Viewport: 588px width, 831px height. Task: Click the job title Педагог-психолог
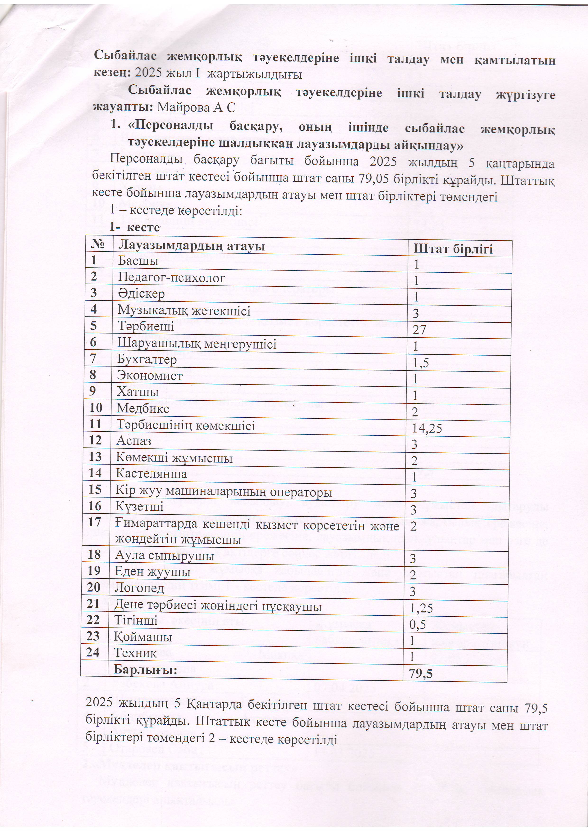pyautogui.click(x=171, y=278)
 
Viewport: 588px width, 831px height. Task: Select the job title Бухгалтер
pyautogui.click(x=147, y=359)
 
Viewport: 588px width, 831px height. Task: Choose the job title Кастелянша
pyautogui.click(x=152, y=473)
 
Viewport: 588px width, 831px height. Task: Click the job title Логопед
pyautogui.click(x=139, y=588)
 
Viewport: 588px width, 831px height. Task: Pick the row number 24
pyautogui.click(x=93, y=652)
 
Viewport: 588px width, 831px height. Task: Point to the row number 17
pyautogui.click(x=94, y=522)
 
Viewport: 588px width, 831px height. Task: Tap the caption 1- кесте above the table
pyautogui.click(x=135, y=227)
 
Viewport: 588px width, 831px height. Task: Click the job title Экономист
pyautogui.click(x=150, y=376)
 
